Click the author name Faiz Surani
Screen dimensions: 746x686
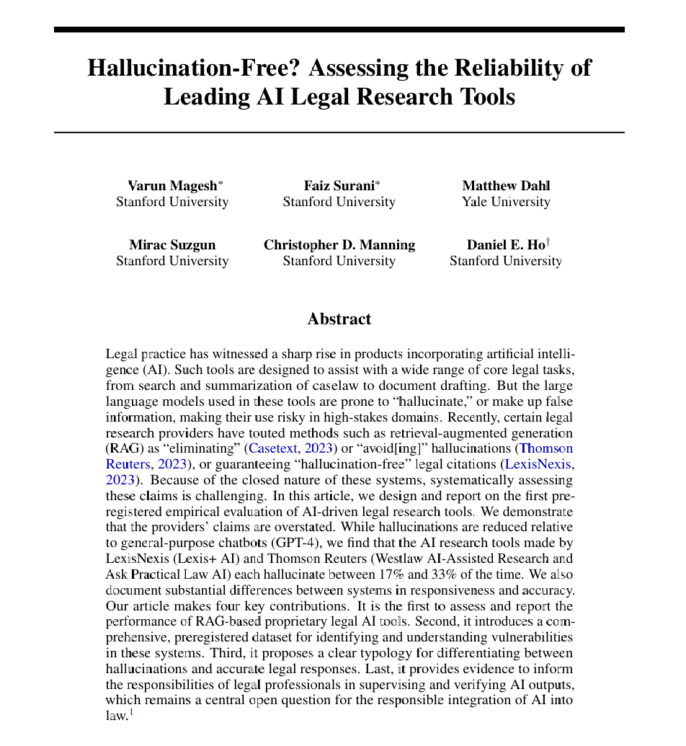(338, 185)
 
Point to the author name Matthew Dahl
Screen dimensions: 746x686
(506, 185)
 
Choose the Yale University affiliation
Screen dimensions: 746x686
(506, 202)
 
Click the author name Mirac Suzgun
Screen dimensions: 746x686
(172, 245)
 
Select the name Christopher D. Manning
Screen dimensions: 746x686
(339, 245)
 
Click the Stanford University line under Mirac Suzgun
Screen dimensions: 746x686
(172, 261)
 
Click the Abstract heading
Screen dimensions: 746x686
(339, 319)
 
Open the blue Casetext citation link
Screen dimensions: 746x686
(275, 448)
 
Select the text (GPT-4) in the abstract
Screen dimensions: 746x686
(288, 543)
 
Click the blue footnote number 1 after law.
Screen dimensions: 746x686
(132, 714)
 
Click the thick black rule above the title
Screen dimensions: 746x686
(339, 30)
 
